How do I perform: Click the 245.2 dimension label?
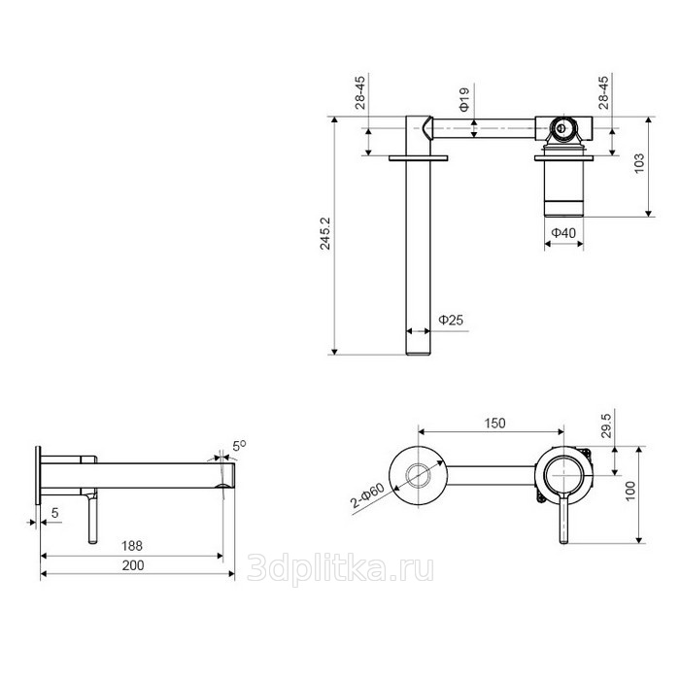[324, 233]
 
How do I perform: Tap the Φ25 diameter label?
[451, 320]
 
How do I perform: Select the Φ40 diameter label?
[563, 233]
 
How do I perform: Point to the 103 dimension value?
[639, 163]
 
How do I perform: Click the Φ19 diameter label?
[464, 99]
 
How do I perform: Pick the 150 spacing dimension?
[494, 423]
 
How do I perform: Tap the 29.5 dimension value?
[606, 425]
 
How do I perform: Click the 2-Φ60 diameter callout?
[367, 495]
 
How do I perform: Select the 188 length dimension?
[132, 546]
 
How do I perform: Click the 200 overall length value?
[133, 565]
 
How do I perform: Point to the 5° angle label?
[239, 445]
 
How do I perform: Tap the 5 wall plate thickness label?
[54, 513]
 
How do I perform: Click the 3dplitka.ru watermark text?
[340, 568]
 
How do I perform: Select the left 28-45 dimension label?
[360, 92]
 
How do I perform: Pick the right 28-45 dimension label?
[603, 92]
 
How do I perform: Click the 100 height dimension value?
[630, 491]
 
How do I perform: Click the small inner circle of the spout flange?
[418, 475]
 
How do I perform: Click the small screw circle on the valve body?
[561, 128]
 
